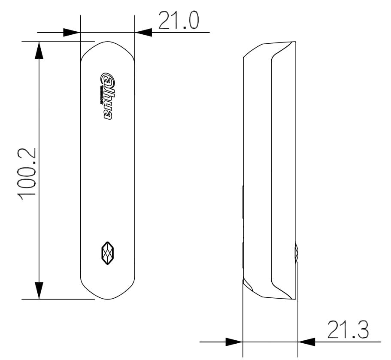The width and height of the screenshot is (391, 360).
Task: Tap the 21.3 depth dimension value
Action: point(348,330)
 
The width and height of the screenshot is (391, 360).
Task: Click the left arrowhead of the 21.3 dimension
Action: point(234,342)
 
